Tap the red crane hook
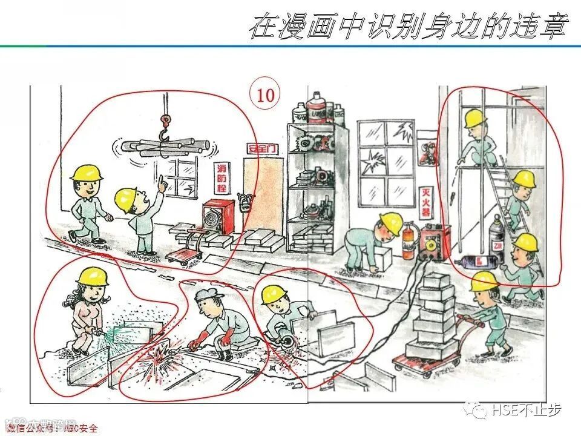(x=164, y=128)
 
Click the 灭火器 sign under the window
(x=427, y=203)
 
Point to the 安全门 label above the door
(x=260, y=148)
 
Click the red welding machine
(x=436, y=242)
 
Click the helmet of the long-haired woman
(x=92, y=277)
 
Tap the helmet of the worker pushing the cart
(x=484, y=281)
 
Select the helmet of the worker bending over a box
(x=392, y=224)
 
